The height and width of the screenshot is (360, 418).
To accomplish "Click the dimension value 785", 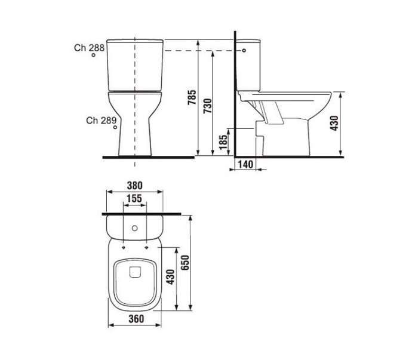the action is (x=192, y=97).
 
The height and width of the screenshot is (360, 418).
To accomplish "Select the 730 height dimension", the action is (x=208, y=106).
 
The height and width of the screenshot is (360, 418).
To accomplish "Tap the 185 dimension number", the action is (x=223, y=142).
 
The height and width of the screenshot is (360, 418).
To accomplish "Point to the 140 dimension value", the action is (x=245, y=164).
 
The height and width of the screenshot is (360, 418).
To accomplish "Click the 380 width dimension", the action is (x=134, y=186).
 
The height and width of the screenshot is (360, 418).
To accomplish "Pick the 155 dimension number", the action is (x=134, y=199).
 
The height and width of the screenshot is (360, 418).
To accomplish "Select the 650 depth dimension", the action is (x=185, y=263).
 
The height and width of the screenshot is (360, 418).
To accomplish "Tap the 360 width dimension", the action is (x=136, y=319).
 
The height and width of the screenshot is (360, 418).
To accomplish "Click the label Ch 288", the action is (x=89, y=48).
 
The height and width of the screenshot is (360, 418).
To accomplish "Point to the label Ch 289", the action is (x=102, y=121).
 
